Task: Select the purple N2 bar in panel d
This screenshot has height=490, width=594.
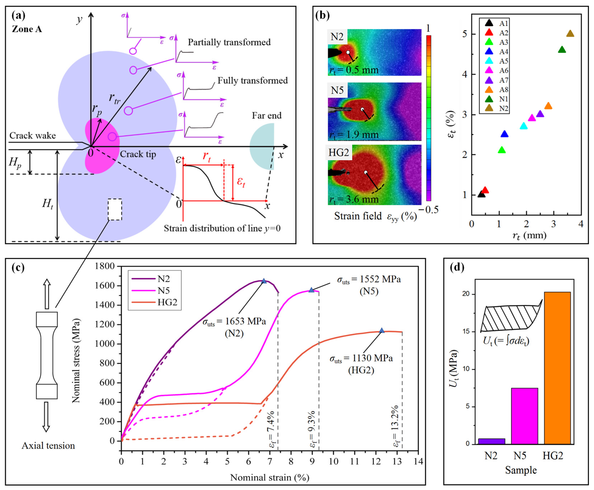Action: [x=491, y=441]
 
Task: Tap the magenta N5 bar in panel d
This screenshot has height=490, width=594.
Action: [x=524, y=416]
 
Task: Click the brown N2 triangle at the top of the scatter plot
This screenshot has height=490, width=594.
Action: [x=570, y=34]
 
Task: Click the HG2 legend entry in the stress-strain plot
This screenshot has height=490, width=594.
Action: [x=154, y=302]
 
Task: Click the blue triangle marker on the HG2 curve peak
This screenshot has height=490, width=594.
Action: [x=382, y=331]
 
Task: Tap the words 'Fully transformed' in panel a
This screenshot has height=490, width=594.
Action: [x=252, y=81]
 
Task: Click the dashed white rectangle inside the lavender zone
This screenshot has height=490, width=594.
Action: [x=115, y=209]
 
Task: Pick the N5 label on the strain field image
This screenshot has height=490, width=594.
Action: [x=337, y=90]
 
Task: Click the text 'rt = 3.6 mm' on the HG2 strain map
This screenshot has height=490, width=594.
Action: [x=354, y=200]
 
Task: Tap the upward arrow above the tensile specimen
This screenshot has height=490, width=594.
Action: [x=47, y=293]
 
